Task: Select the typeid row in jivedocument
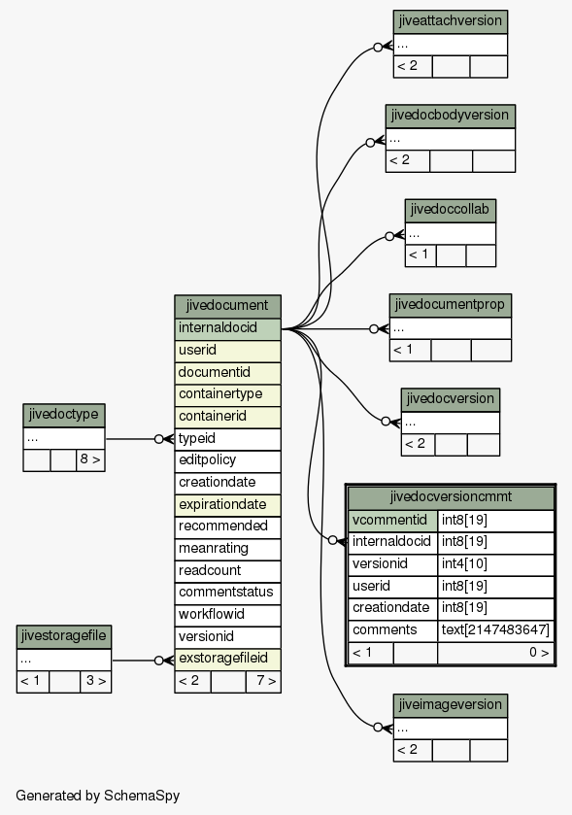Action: click(227, 439)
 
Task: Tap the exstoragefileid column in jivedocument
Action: click(227, 659)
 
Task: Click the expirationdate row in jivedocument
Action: click(227, 505)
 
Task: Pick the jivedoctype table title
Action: click(64, 416)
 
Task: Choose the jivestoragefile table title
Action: click(64, 636)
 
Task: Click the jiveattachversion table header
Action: click(451, 21)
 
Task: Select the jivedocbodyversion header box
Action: click(451, 116)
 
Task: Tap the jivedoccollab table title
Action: click(451, 211)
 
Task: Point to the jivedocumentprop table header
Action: click(451, 305)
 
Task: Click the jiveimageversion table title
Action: click(451, 706)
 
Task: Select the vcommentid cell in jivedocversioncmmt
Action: click(392, 521)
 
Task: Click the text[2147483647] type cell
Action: click(495, 630)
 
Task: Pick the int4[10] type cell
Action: click(495, 564)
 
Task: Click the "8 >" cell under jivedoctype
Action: click(90, 460)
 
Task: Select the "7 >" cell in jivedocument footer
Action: click(263, 681)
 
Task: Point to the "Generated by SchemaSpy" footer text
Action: click(98, 796)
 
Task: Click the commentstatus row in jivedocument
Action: click(227, 594)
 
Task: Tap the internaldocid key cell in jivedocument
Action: click(227, 329)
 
